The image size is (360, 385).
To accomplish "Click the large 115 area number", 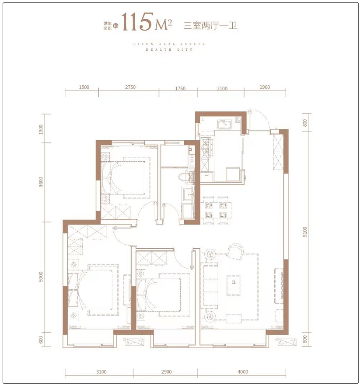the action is (x=137, y=22).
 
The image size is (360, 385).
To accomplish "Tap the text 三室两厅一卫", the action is (x=210, y=25).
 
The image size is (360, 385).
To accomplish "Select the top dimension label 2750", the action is (x=130, y=87).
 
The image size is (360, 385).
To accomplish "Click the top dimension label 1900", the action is (x=265, y=87).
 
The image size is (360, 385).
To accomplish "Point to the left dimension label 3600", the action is (x=41, y=182).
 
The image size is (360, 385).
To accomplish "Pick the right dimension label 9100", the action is (x=305, y=232).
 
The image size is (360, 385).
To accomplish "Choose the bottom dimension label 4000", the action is (x=243, y=372).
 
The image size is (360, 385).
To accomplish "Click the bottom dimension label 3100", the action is (x=101, y=372).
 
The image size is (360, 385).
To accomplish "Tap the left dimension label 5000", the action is (x=41, y=277).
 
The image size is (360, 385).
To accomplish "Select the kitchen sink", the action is (x=224, y=124).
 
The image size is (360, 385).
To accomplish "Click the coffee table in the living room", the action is (x=234, y=285).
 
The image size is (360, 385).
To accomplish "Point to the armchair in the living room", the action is (x=235, y=252).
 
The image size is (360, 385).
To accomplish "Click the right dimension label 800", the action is (x=305, y=123).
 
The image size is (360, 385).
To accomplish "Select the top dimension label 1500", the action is (x=84, y=87).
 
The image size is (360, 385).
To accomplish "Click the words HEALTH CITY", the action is (x=169, y=49).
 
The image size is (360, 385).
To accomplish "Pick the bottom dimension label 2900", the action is (x=166, y=372).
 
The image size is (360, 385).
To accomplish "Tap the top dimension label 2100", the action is (x=222, y=88).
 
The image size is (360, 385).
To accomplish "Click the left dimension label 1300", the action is (x=41, y=129).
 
